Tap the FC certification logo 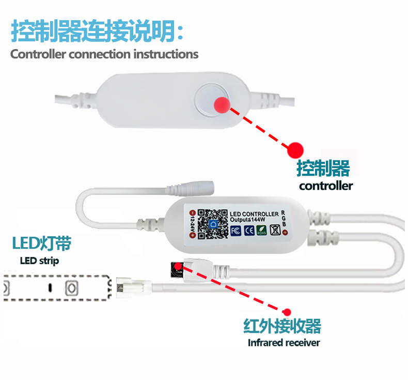pyautogui.click(x=236, y=231)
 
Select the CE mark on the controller pyautogui.click(x=248, y=231)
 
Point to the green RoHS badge pyautogui.click(x=261, y=231)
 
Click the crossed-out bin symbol pyautogui.click(x=274, y=231)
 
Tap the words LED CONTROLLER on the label pyautogui.click(x=254, y=214)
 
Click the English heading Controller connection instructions pyautogui.click(x=104, y=54)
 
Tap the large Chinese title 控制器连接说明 pyautogui.click(x=97, y=31)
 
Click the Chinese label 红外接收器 pyautogui.click(x=282, y=326)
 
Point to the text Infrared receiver pyautogui.click(x=284, y=342)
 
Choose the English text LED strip pyautogui.click(x=39, y=261)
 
